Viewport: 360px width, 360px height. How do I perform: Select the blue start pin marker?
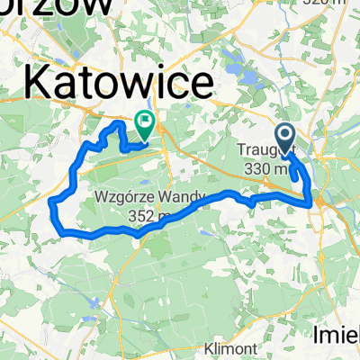285,139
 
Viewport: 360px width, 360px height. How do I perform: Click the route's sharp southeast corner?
312,204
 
